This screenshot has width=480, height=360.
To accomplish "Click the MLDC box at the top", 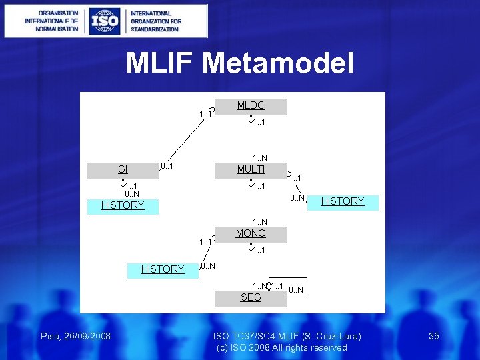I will pyautogui.click(x=251, y=106).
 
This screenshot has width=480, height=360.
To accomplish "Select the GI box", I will pyautogui.click(x=123, y=170).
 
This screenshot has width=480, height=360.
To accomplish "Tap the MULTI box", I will pyautogui.click(x=251, y=170).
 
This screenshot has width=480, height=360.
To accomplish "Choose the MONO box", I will pyautogui.click(x=251, y=234).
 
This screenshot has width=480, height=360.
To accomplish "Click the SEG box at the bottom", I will pyautogui.click(x=251, y=298).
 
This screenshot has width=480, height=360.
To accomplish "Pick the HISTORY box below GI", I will pyautogui.click(x=123, y=206).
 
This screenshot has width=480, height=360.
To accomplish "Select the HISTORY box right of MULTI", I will pyautogui.click(x=343, y=202).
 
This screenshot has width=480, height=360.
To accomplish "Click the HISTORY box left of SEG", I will pyautogui.click(x=163, y=270).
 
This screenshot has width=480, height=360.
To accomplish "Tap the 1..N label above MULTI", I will pyautogui.click(x=259, y=158).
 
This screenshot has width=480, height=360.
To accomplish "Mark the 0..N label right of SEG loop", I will pyautogui.click(x=297, y=289).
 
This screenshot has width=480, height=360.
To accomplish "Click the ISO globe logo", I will pyautogui.click(x=104, y=21).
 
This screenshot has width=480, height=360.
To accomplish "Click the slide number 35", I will pyautogui.click(x=433, y=336).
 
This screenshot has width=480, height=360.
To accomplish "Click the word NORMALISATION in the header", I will pyautogui.click(x=53, y=29).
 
